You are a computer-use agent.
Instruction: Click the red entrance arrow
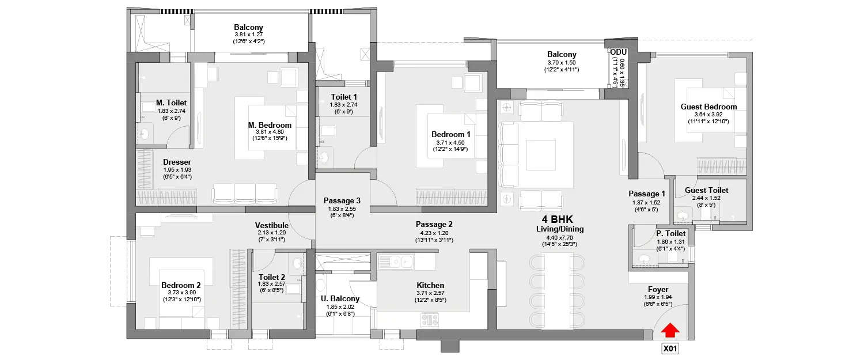tap(669, 330)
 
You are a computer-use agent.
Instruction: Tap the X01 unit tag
tap(669, 348)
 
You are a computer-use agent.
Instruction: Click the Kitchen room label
tap(430, 285)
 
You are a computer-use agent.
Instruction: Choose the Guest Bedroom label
tap(708, 107)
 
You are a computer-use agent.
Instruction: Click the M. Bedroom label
tap(270, 125)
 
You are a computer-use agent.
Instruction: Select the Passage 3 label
tap(342, 200)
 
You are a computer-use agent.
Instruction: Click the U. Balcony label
tap(340, 298)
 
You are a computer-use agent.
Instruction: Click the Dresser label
tap(177, 162)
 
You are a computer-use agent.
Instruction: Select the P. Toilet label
tap(670, 233)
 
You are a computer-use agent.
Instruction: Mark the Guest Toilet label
tap(706, 190)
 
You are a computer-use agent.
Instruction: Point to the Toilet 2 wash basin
tap(298, 263)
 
